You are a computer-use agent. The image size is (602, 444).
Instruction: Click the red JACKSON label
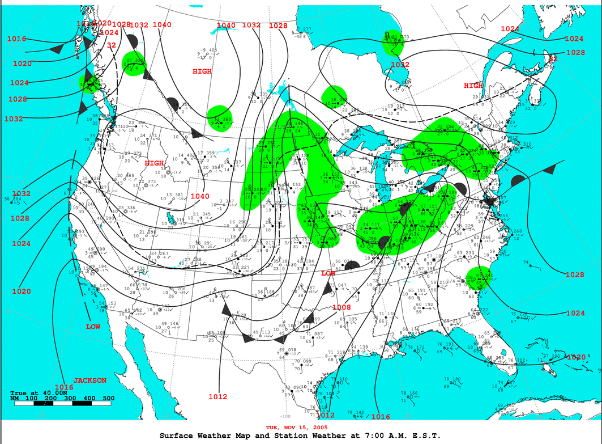click(x=89, y=380)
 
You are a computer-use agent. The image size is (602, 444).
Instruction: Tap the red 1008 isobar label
click(x=341, y=307)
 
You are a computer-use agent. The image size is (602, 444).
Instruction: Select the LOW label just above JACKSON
click(x=93, y=327)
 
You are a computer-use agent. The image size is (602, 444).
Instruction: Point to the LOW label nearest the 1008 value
click(x=328, y=273)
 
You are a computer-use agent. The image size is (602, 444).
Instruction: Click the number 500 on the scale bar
click(x=108, y=398)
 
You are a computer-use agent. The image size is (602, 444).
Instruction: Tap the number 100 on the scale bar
click(x=32, y=398)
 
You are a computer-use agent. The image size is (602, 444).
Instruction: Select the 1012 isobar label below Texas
click(x=217, y=396)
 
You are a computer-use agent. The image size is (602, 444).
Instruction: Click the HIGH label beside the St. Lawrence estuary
click(x=473, y=86)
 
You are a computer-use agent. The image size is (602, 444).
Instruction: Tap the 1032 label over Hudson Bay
click(x=399, y=65)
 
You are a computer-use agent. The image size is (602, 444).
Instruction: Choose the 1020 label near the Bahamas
click(x=576, y=357)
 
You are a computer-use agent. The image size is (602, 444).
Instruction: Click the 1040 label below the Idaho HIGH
click(x=200, y=196)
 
